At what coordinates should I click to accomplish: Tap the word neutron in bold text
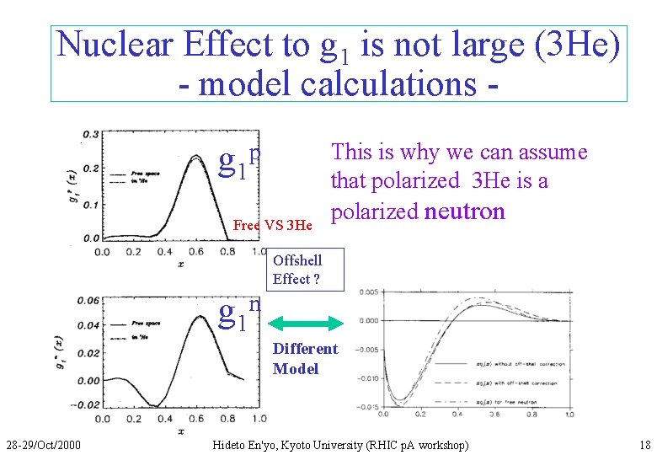464,211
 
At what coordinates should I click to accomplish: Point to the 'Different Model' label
305,359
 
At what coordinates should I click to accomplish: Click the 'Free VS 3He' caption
272,225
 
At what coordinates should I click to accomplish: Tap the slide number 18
644,444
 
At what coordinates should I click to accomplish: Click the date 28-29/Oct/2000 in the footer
43,444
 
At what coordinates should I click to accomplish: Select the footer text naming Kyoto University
340,444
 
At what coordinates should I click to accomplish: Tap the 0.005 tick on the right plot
368,292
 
